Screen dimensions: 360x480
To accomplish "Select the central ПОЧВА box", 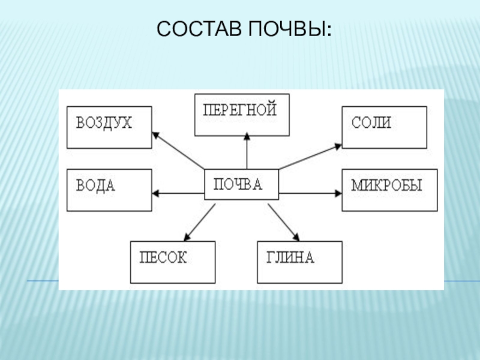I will pos(242,184).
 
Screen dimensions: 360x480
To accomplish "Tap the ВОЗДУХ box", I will pos(109,127).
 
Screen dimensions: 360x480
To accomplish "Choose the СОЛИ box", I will pos(385,127).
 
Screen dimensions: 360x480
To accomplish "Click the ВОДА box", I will pos(109,190).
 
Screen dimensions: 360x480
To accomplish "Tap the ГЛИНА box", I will pos(299,262).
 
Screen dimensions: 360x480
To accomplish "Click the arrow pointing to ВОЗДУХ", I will pos(178,150).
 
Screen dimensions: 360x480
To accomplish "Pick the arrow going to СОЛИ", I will pos(311,156).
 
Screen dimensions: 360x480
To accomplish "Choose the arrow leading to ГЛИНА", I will pos(283,221).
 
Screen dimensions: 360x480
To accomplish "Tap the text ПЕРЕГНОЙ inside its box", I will pos(239,110).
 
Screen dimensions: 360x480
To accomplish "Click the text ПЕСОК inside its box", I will pos(164,258).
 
